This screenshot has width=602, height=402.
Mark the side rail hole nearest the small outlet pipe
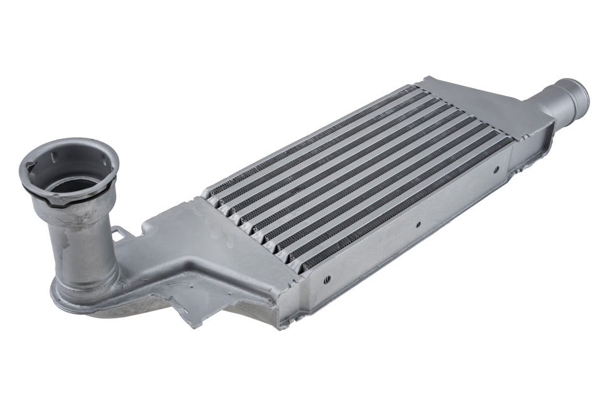click(496, 170)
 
